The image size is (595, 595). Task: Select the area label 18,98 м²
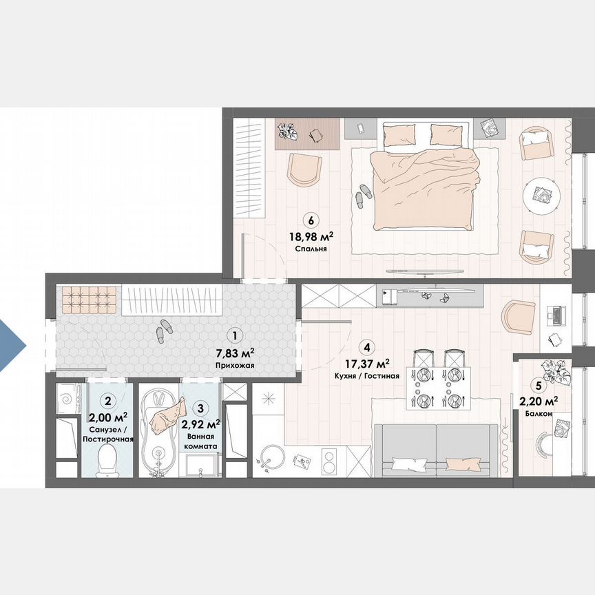[312, 236]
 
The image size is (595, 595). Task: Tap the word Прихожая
[235, 366]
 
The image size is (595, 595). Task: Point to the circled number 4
[369, 348]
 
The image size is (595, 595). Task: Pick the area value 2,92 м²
[200, 424]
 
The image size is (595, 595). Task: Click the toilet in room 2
[107, 460]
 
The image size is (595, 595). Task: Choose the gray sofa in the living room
[435, 448]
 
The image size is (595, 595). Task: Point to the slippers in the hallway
[165, 330]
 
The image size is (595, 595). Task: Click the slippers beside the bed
[362, 194]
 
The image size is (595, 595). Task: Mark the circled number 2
[107, 399]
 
